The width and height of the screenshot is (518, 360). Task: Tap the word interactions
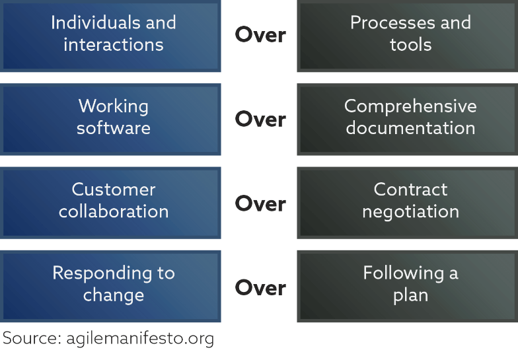pyautogui.click(x=114, y=45)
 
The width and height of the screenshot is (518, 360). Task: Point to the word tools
pyautogui.click(x=411, y=45)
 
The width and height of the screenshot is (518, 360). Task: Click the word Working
pyautogui.click(x=114, y=107)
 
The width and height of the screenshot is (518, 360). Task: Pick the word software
pyautogui.click(x=114, y=128)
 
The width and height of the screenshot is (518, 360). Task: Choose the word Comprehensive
pyautogui.click(x=411, y=107)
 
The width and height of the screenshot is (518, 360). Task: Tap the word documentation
pyautogui.click(x=411, y=128)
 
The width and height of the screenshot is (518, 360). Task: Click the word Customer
pyautogui.click(x=114, y=190)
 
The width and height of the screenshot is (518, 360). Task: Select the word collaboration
pyautogui.click(x=114, y=211)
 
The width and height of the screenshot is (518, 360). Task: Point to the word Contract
pyautogui.click(x=411, y=190)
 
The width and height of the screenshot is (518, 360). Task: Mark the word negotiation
pyautogui.click(x=411, y=212)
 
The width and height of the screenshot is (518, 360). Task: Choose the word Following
pyautogui.click(x=403, y=274)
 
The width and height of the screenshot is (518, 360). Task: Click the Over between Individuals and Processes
pyautogui.click(x=260, y=35)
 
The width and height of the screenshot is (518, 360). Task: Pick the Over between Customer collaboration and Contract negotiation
pyautogui.click(x=260, y=203)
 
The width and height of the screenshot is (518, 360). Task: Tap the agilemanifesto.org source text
pyautogui.click(x=140, y=339)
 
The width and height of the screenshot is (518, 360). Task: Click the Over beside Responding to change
pyautogui.click(x=260, y=288)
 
